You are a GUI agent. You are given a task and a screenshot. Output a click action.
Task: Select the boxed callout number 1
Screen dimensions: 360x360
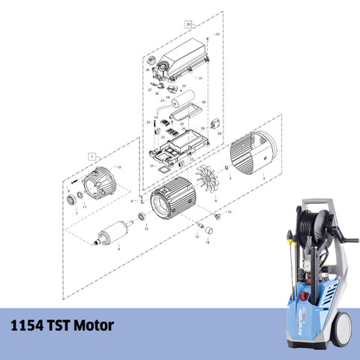(91, 156)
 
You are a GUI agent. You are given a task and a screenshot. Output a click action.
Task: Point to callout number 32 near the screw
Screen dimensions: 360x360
(217, 34)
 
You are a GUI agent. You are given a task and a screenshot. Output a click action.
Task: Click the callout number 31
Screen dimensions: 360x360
(200, 78)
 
